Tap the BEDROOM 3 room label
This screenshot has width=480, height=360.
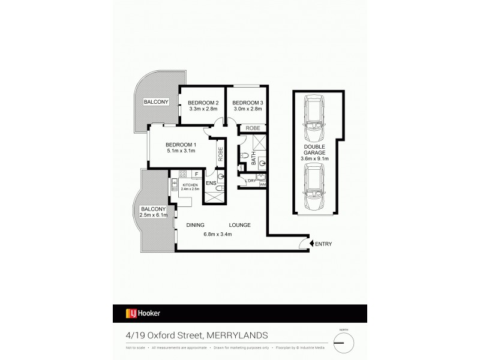pos(248,103)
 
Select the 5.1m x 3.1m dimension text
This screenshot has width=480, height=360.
pos(181,152)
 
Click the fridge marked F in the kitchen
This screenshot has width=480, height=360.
pos(196,175)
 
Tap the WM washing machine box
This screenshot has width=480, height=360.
pos(262,185)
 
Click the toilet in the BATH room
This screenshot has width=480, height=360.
pos(244,157)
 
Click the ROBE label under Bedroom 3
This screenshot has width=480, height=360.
pos(252,128)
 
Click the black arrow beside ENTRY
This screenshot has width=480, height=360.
pos(310,244)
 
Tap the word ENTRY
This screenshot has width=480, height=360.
pos(323,244)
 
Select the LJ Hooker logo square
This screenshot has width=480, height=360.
pos(129,313)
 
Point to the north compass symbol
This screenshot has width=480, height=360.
pos(344,343)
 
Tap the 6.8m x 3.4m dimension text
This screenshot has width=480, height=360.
pos(217,233)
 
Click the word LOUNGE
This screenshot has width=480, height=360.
pos(239,225)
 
